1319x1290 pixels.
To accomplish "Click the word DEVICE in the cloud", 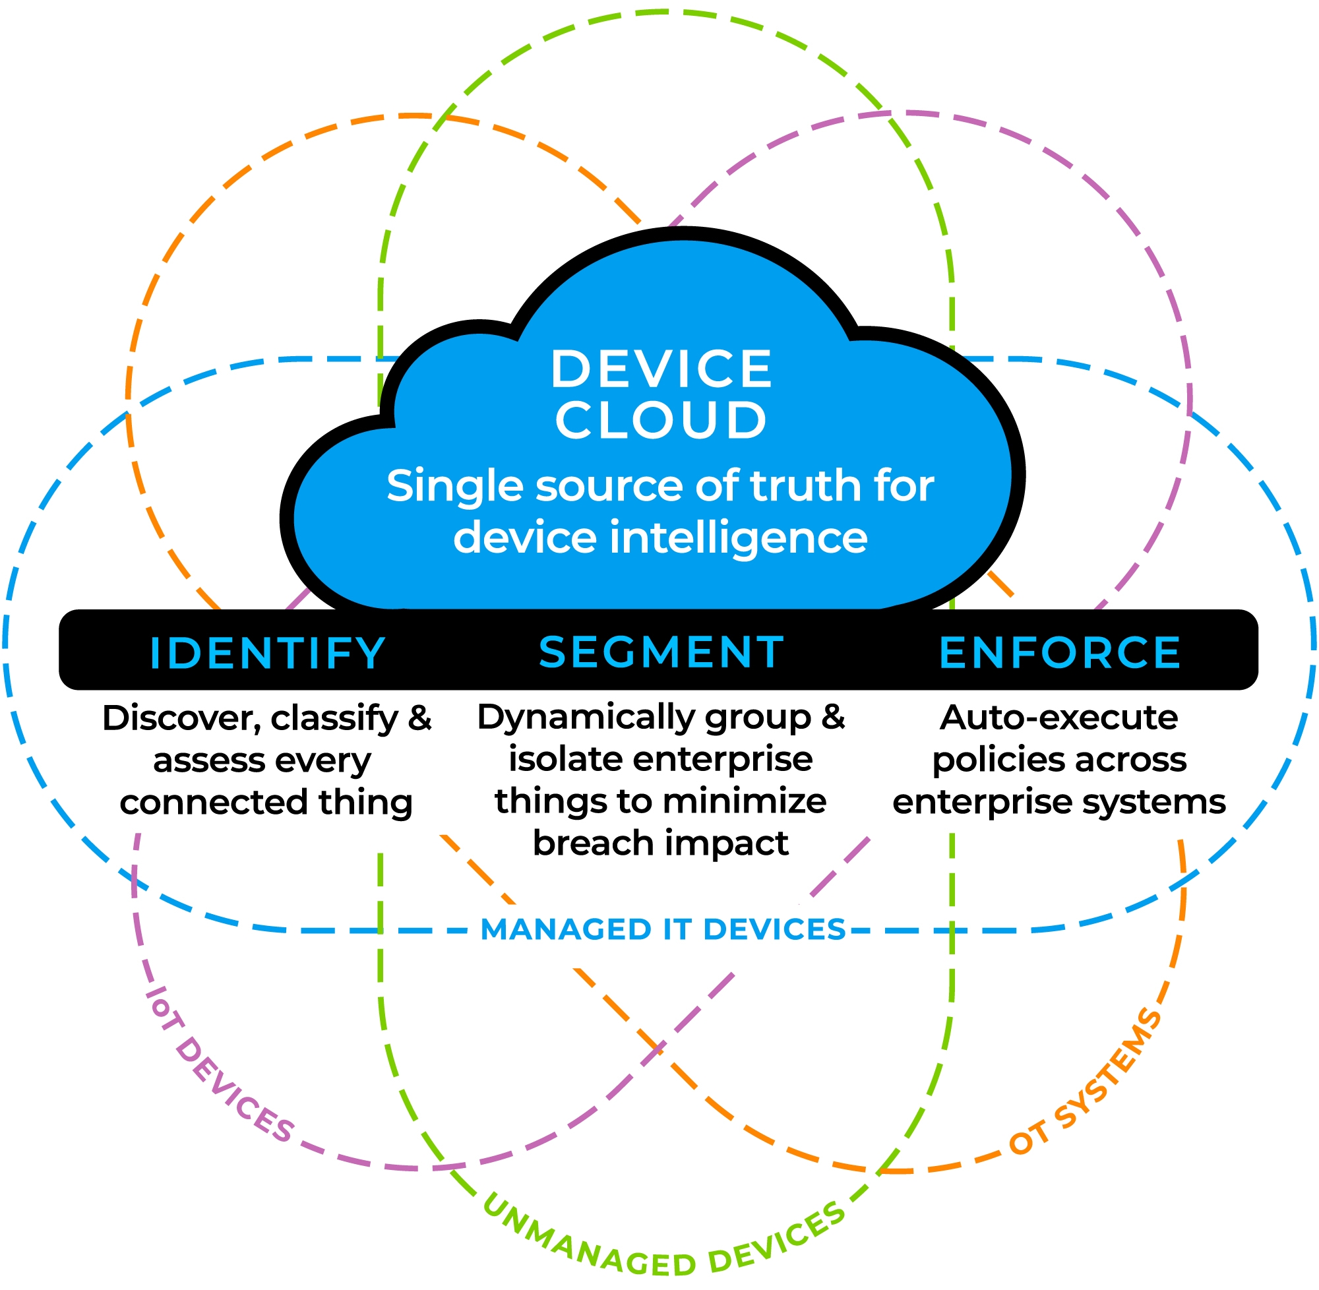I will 661,370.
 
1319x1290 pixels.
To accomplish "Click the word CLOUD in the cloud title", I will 661,420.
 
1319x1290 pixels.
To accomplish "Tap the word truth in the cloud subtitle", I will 803,487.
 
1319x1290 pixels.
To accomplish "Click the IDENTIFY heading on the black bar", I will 268,654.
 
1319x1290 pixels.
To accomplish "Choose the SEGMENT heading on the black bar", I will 661,652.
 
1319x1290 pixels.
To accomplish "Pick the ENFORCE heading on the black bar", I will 1060,652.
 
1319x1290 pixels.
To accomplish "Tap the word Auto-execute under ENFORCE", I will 1059,718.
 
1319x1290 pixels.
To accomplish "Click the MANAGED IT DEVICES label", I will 663,930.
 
